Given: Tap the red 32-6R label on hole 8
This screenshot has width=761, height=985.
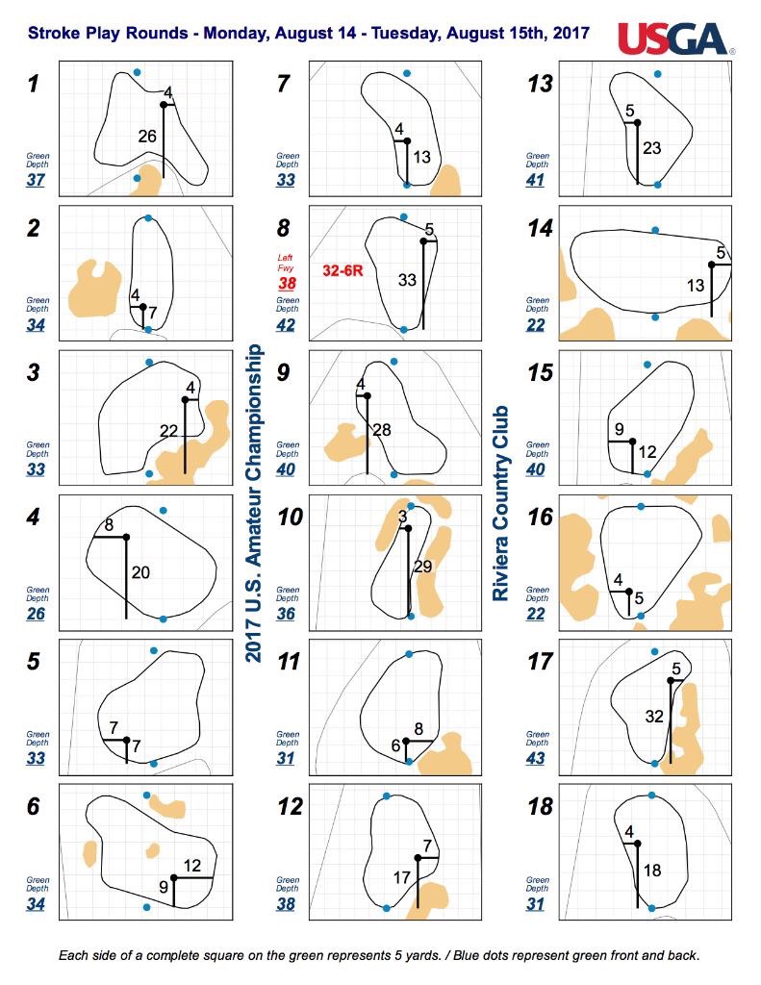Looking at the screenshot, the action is (343, 270).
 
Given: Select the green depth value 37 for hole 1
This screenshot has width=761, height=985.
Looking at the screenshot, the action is (36, 180).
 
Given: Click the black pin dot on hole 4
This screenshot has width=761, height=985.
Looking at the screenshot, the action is (126, 537).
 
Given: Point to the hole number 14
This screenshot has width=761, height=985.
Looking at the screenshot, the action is (540, 228).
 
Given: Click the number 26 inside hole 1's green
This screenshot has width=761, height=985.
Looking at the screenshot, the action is (147, 136).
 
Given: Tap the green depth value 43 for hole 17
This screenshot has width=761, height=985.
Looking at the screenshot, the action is (536, 758).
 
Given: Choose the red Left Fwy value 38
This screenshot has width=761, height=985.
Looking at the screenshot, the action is (288, 284).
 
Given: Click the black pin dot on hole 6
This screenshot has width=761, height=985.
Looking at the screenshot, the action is (174, 877).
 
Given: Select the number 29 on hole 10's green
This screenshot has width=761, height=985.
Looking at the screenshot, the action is (423, 567).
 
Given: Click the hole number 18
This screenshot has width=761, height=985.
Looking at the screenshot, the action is (541, 806).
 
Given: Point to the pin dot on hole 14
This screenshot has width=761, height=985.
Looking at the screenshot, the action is (711, 265).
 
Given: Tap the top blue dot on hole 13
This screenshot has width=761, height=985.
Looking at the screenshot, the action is (657, 74).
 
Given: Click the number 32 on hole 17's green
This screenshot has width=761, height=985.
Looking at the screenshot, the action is (654, 716).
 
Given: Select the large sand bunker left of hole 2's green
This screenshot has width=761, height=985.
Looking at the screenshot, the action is (94, 289).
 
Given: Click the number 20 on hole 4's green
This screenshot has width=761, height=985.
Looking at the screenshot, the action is (140, 572).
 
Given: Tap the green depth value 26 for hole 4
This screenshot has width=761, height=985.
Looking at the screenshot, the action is (36, 613).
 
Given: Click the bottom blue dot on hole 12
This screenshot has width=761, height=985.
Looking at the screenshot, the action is (387, 908).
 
